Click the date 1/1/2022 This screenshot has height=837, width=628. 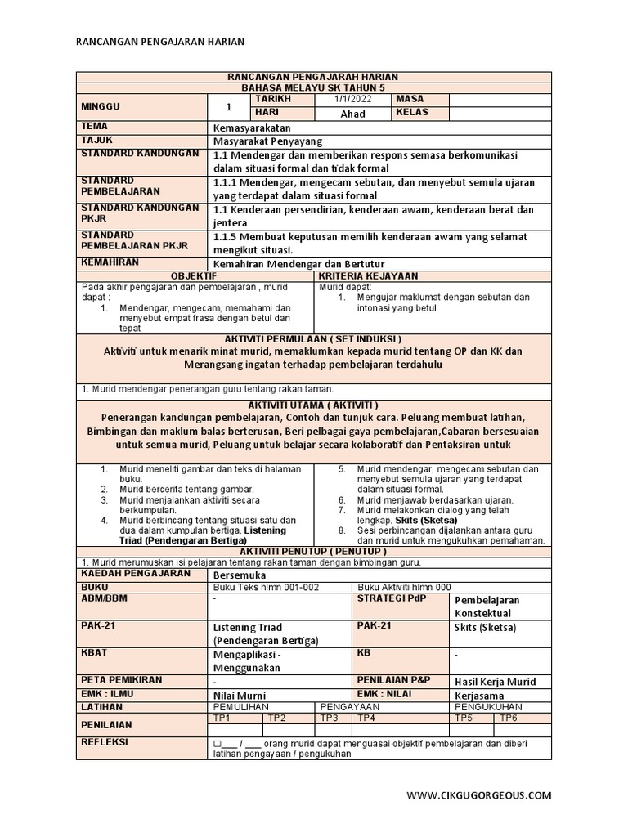click(x=352, y=100)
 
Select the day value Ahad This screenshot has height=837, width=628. click(x=352, y=114)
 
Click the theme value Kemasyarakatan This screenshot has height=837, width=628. click(x=251, y=128)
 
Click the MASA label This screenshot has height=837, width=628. click(x=410, y=99)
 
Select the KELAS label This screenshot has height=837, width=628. click(x=412, y=113)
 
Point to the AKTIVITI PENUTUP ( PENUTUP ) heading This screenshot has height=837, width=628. click(x=314, y=552)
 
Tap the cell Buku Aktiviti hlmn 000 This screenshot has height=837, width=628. click(x=404, y=587)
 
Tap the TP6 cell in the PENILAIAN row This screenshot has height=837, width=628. click(x=509, y=718)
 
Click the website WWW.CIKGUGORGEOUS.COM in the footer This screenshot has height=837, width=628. click(x=479, y=794)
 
